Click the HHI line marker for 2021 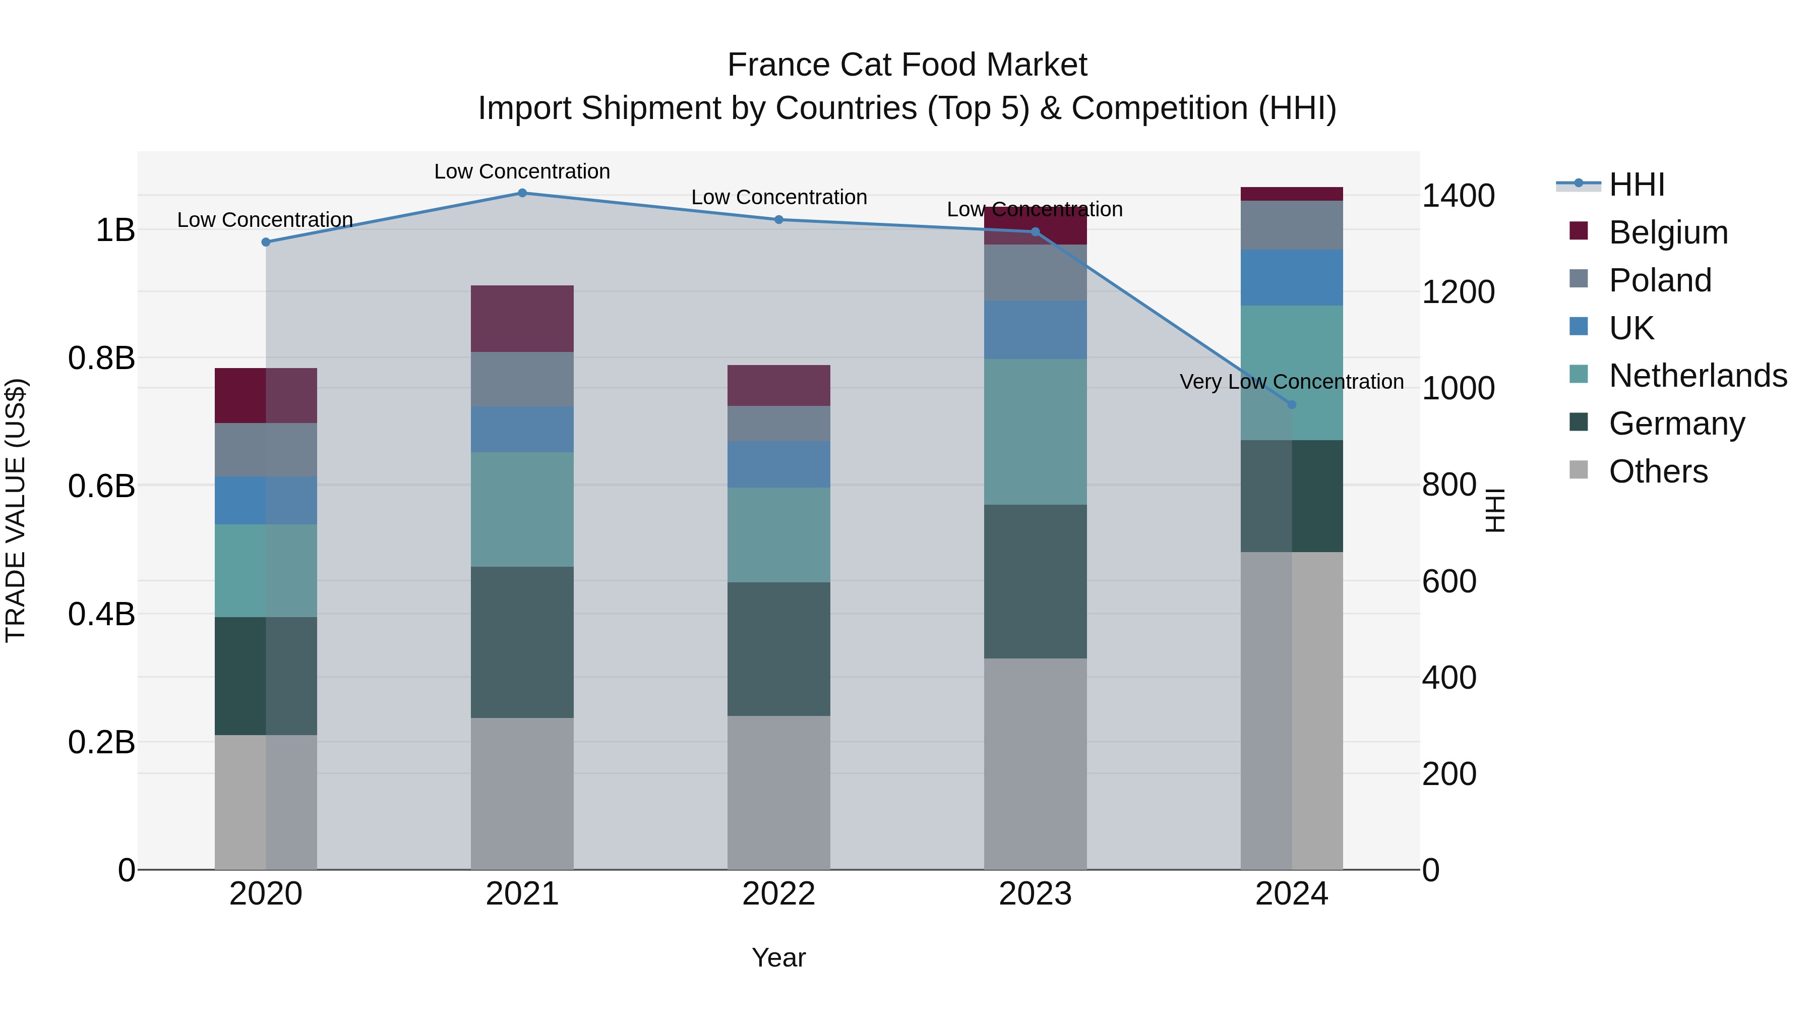(522, 193)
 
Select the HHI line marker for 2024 (1292, 404)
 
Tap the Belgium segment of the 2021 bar (522, 319)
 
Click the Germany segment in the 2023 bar (1035, 581)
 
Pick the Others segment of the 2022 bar (778, 793)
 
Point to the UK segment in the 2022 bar (778, 464)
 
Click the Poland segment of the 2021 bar (522, 379)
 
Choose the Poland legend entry (1659, 280)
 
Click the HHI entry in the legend (1636, 185)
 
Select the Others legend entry (1658, 471)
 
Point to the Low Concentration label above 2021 (522, 171)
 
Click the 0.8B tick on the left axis (101, 358)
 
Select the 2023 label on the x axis (1035, 894)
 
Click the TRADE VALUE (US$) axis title (16, 510)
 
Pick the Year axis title (778, 957)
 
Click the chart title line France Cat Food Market (907, 65)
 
